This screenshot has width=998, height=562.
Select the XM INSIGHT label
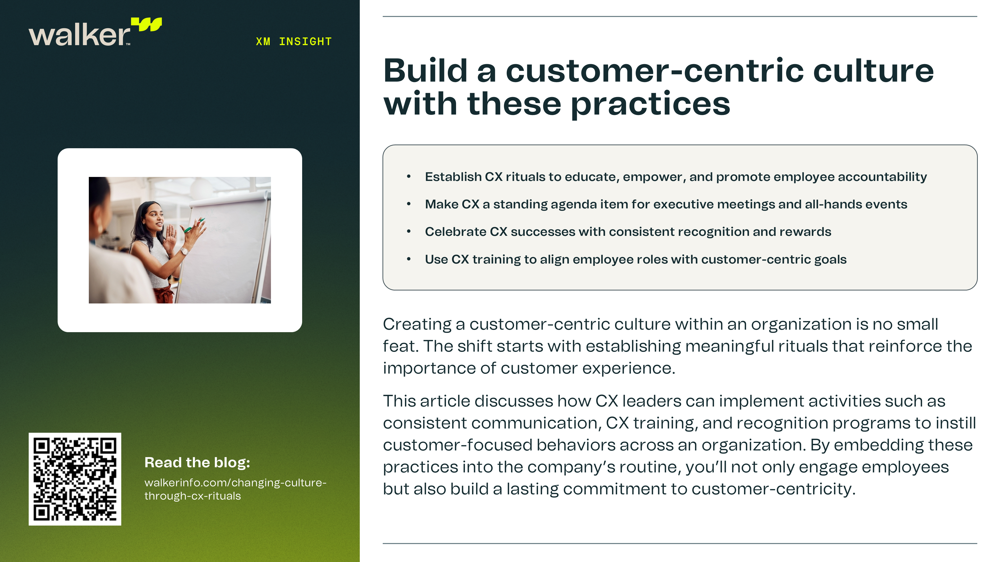tap(294, 41)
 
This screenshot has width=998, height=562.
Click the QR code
tap(75, 479)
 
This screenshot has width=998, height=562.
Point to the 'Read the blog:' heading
tap(197, 463)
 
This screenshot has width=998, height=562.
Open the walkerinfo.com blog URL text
tap(236, 489)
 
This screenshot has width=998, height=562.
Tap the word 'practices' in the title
tap(651, 105)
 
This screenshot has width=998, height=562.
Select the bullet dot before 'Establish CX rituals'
tap(409, 177)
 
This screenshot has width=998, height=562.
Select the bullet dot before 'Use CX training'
tap(409, 259)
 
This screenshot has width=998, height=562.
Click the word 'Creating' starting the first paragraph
tap(417, 324)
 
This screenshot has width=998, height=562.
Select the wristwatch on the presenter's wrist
tap(184, 251)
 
